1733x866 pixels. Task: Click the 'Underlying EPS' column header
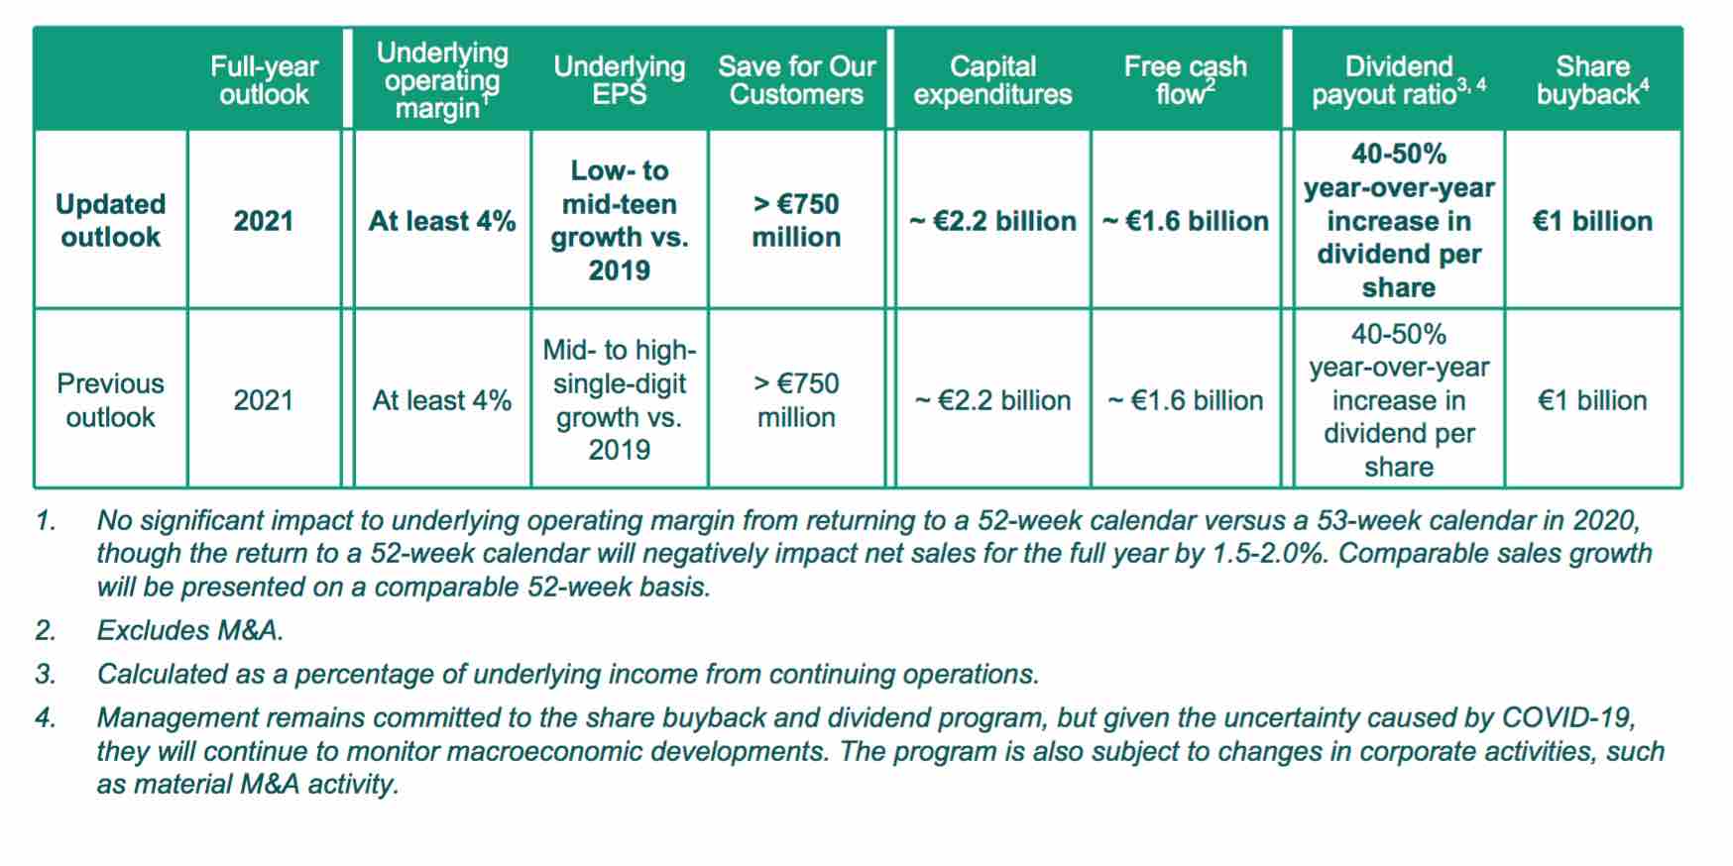pyautogui.click(x=620, y=80)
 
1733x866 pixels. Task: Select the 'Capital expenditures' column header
pyautogui.click(x=992, y=80)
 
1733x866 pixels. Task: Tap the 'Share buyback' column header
pyautogui.click(x=1593, y=80)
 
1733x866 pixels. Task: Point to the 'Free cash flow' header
pyautogui.click(x=1186, y=80)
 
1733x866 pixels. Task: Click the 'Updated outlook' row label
pyautogui.click(x=110, y=220)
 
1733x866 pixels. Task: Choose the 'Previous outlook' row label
pyautogui.click(x=110, y=399)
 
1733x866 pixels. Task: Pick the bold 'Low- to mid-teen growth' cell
pyautogui.click(x=620, y=220)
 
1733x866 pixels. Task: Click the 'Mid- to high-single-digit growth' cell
pyautogui.click(x=620, y=399)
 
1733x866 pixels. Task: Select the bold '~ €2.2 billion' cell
pyautogui.click(x=992, y=221)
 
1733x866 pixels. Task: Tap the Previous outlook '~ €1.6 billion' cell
pyautogui.click(x=1186, y=400)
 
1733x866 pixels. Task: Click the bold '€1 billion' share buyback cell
pyautogui.click(x=1593, y=221)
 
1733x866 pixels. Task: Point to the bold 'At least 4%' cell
pyautogui.click(x=442, y=221)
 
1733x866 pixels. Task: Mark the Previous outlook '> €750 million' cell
pyautogui.click(x=796, y=399)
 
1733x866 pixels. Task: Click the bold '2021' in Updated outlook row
pyautogui.click(x=264, y=221)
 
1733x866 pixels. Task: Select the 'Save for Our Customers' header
pyautogui.click(x=797, y=80)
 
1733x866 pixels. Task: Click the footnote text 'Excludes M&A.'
pyautogui.click(x=190, y=630)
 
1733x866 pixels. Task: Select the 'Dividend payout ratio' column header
pyautogui.click(x=1399, y=80)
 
